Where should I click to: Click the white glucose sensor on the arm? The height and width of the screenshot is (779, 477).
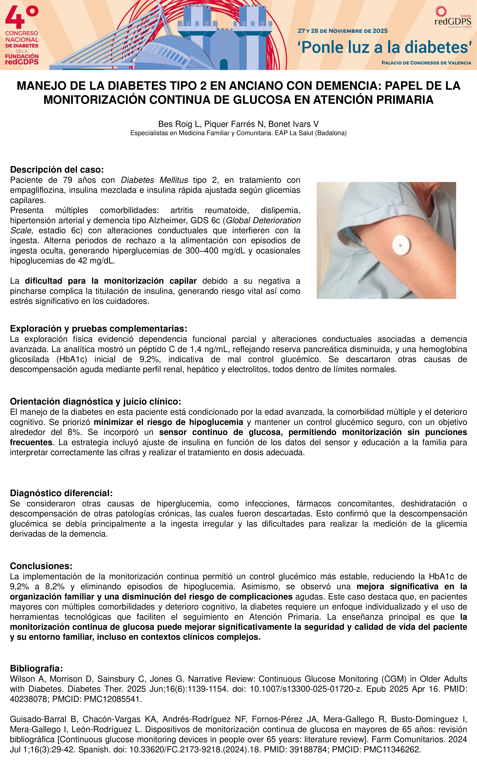pos(401,245)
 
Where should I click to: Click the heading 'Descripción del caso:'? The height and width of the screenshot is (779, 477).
pos(57,170)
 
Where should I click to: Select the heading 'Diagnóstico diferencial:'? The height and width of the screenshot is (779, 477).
pos(61,493)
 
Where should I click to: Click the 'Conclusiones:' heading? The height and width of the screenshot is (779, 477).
pos(41,566)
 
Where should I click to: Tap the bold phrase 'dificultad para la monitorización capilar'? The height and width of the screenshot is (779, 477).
pos(111,281)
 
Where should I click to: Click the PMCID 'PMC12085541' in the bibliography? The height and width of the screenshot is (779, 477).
pos(112,699)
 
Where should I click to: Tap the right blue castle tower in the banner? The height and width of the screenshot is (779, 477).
pos(253,35)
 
